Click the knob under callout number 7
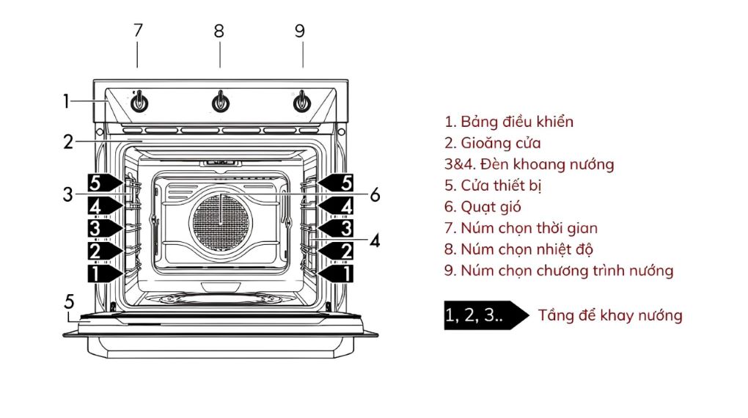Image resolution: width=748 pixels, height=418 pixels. (139, 103)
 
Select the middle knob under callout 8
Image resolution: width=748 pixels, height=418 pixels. (220, 103)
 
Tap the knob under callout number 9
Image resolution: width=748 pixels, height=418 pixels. (301, 103)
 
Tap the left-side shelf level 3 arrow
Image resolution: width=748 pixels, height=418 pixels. (104, 227)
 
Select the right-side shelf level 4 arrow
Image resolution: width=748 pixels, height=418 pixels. (335, 205)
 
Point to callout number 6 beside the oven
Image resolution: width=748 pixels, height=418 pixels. (375, 195)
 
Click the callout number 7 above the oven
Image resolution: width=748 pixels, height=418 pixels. (138, 31)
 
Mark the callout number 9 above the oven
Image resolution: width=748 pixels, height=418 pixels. (300, 31)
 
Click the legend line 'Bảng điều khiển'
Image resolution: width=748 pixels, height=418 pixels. (509, 122)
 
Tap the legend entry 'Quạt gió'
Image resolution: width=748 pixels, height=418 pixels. (483, 207)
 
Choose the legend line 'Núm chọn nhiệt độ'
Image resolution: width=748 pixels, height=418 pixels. (518, 249)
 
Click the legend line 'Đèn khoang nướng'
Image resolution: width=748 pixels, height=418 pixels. (529, 164)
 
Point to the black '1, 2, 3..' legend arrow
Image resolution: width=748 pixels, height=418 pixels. (485, 315)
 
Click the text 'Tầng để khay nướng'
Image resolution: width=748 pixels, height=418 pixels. (610, 315)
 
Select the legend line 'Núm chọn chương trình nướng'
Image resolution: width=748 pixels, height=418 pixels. (558, 271)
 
